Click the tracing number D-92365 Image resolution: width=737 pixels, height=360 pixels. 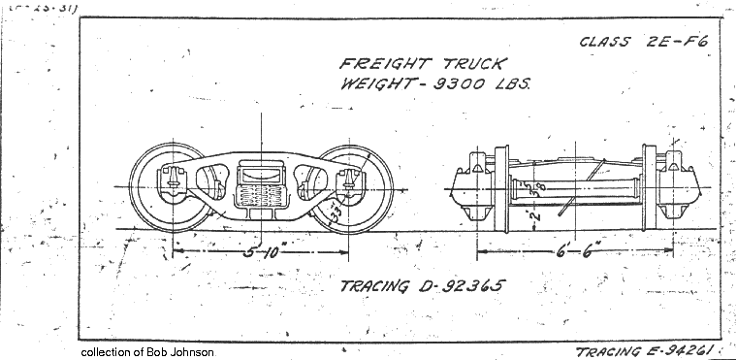pyautogui.click(x=462, y=287)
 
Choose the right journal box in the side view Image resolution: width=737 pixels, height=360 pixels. pyautogui.click(x=346, y=180)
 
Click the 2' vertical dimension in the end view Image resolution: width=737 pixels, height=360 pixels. pyautogui.click(x=533, y=213)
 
